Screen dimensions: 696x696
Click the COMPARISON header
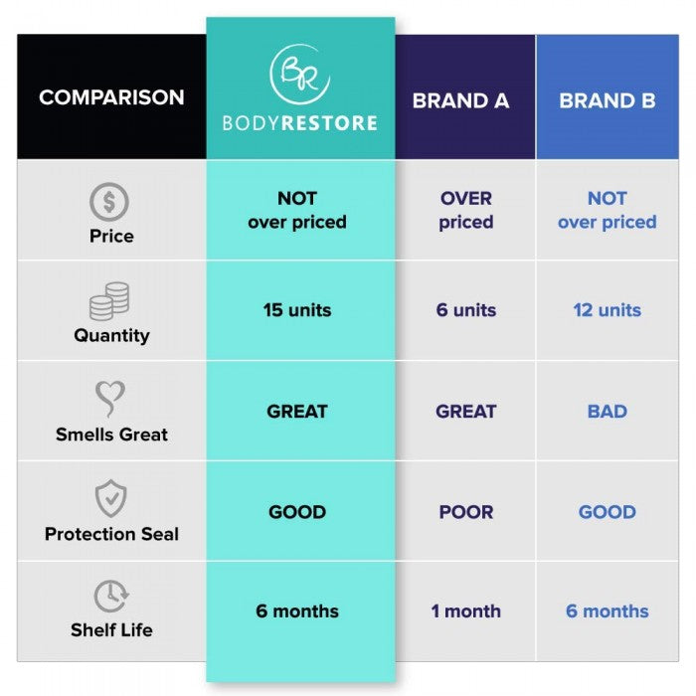(x=111, y=97)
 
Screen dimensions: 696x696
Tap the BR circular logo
(x=299, y=74)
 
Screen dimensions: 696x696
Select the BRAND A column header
(x=460, y=100)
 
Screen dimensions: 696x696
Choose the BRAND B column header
(x=608, y=100)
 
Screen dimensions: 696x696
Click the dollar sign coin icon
(x=109, y=202)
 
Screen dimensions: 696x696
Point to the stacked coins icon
(x=109, y=301)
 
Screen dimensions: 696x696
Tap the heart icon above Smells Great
(x=110, y=399)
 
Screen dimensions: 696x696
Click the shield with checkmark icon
(x=111, y=498)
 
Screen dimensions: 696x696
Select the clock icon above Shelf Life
(x=111, y=597)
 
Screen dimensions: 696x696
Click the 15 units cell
(x=297, y=310)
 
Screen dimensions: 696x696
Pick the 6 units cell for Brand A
(x=466, y=310)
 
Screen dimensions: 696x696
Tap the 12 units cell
(x=608, y=310)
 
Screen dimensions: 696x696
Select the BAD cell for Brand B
(x=608, y=412)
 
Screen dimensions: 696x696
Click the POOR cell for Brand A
(x=466, y=512)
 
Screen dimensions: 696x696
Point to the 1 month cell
(x=466, y=611)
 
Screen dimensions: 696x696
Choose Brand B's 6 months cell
(x=608, y=611)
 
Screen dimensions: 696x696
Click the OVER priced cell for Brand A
(x=466, y=210)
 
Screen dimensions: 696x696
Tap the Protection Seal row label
(x=111, y=534)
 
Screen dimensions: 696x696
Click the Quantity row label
(x=111, y=336)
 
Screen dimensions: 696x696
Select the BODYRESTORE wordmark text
(x=300, y=123)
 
